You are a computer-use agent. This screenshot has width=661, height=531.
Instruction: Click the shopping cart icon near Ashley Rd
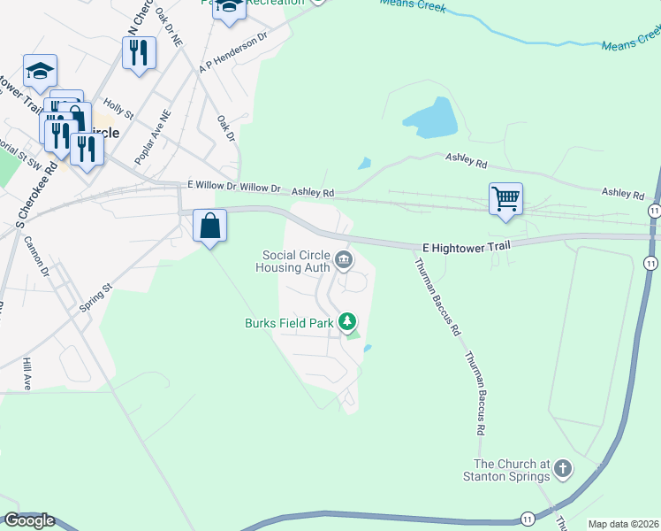tap(505, 199)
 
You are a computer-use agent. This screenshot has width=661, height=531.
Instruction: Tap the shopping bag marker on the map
tap(210, 226)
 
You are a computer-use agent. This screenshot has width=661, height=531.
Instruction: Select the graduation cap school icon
tap(40, 71)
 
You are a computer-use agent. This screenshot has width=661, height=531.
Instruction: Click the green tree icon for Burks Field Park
tap(349, 322)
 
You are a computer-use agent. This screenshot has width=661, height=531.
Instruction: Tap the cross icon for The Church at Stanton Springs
tap(562, 469)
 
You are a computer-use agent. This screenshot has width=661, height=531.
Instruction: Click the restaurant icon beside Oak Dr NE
tap(139, 53)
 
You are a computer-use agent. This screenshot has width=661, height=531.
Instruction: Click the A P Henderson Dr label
tap(233, 54)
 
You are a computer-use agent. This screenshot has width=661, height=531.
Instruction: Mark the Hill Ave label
tap(27, 374)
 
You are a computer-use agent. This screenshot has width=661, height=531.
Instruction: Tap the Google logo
tap(29, 520)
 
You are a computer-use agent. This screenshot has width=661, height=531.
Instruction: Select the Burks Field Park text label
tap(289, 323)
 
